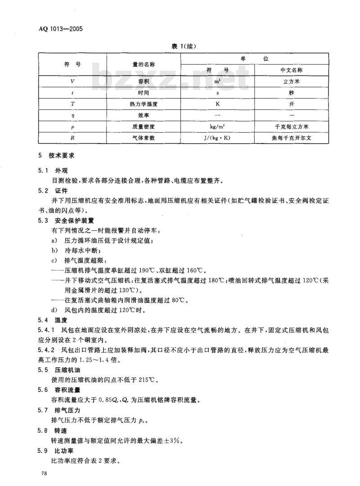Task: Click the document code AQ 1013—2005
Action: coord(62,30)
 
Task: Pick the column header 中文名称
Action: coord(291,70)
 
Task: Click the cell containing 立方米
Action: coord(291,81)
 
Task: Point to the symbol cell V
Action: coord(72,81)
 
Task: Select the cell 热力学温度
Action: coord(144,104)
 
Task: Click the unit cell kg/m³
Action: coord(217,127)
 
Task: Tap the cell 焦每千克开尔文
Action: coord(291,138)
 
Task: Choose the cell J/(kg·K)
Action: coord(217,138)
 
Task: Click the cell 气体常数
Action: coord(144,138)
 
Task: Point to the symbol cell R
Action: coord(72,138)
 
